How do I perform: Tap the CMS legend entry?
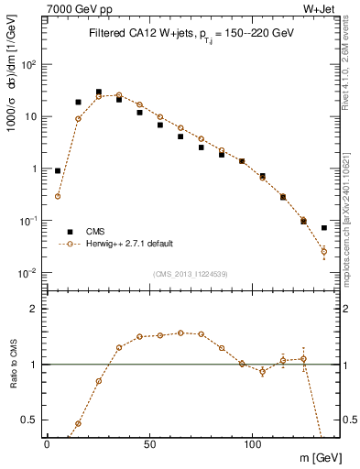[x=96, y=232]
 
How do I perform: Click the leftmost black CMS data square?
[x=58, y=170]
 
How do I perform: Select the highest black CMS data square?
[x=99, y=92]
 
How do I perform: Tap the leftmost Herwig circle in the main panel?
[x=58, y=196]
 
